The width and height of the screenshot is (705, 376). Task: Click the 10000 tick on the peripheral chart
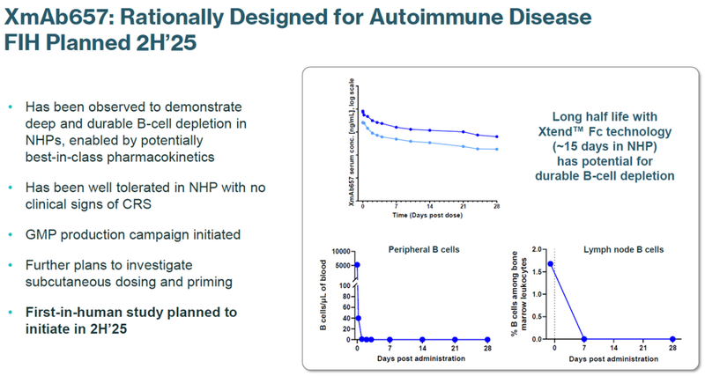[x=343, y=252]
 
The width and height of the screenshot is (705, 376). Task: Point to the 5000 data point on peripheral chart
[x=358, y=264]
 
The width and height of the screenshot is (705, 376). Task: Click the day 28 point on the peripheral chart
[x=486, y=339]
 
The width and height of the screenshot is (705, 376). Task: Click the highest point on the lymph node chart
[x=552, y=263]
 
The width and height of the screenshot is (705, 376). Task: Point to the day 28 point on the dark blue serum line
[x=497, y=136]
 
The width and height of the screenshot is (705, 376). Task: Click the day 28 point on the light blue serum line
[x=497, y=149]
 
